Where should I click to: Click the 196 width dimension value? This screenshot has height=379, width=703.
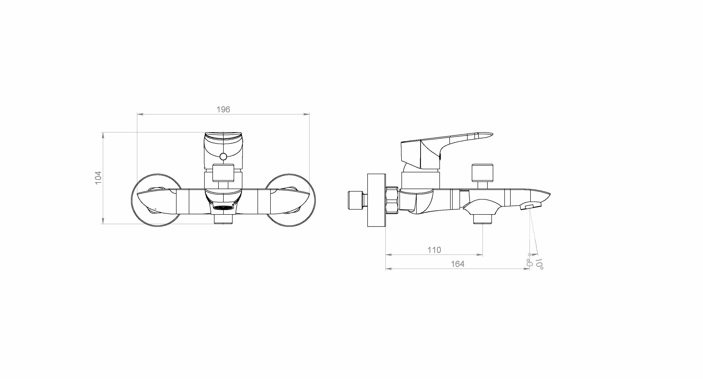[x=223, y=110]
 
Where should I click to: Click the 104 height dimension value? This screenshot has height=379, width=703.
[x=98, y=178]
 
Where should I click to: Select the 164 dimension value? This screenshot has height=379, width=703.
[x=457, y=264]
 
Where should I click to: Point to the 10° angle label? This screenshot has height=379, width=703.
[x=539, y=264]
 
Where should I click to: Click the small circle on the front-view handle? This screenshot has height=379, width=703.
[x=223, y=157]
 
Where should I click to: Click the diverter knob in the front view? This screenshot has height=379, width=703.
[x=223, y=173]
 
